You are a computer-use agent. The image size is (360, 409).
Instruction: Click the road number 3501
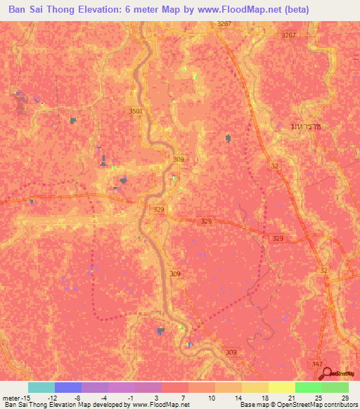click(136, 111)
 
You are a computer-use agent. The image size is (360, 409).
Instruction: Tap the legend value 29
click(345, 397)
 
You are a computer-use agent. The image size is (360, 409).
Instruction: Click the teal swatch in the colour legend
click(41, 387)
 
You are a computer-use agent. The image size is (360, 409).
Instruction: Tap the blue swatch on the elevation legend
click(67, 387)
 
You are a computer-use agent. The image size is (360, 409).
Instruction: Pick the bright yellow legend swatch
click(281, 387)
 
